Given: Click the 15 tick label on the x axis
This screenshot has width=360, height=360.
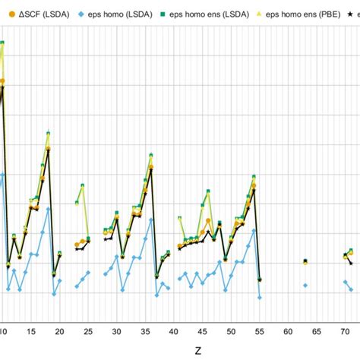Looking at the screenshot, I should pyautogui.click(x=31, y=333).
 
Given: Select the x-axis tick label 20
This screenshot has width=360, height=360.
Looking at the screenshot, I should pyautogui.click(x=60, y=333).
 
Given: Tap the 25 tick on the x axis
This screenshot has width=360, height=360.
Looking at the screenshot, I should pyautogui.click(x=88, y=333).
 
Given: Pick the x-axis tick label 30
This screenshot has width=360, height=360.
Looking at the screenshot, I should pyautogui.click(x=117, y=333).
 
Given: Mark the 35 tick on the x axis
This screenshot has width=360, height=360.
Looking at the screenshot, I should pyautogui.click(x=145, y=333).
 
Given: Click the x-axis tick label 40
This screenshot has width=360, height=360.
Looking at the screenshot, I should pyautogui.click(x=174, y=333).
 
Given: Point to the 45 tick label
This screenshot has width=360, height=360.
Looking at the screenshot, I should pyautogui.click(x=202, y=333).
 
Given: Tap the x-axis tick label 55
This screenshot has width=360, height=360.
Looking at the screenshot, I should pyautogui.click(x=259, y=333).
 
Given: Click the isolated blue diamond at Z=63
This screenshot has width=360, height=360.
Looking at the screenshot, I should pyautogui.click(x=305, y=286).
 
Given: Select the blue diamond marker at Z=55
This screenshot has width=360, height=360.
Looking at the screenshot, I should pyautogui.click(x=260, y=297).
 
